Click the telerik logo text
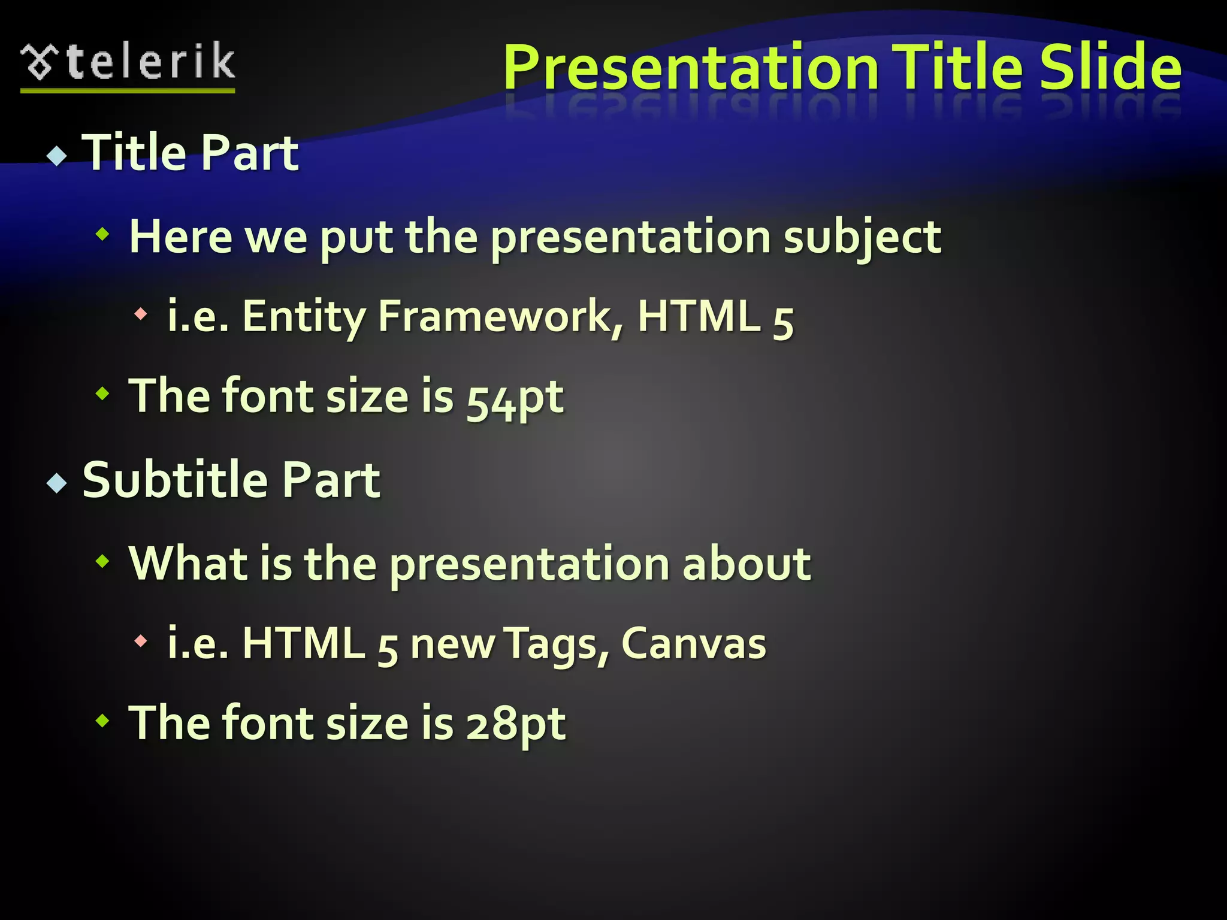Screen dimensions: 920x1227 (x=151, y=62)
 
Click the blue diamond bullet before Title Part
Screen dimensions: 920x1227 (x=58, y=156)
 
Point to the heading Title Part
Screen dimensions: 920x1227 (x=190, y=153)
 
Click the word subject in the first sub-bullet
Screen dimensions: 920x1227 (x=862, y=237)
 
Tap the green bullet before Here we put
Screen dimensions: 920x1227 (x=103, y=235)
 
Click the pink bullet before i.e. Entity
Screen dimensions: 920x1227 (x=141, y=313)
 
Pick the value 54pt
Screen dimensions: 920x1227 (x=515, y=398)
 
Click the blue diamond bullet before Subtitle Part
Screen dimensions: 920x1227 (x=58, y=483)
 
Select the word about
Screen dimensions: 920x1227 (x=747, y=564)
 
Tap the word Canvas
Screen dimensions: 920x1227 (x=693, y=644)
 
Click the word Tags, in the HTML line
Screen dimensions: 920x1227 (x=556, y=644)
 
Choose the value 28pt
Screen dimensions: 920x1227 (x=516, y=724)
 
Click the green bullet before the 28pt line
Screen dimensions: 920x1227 (x=103, y=721)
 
